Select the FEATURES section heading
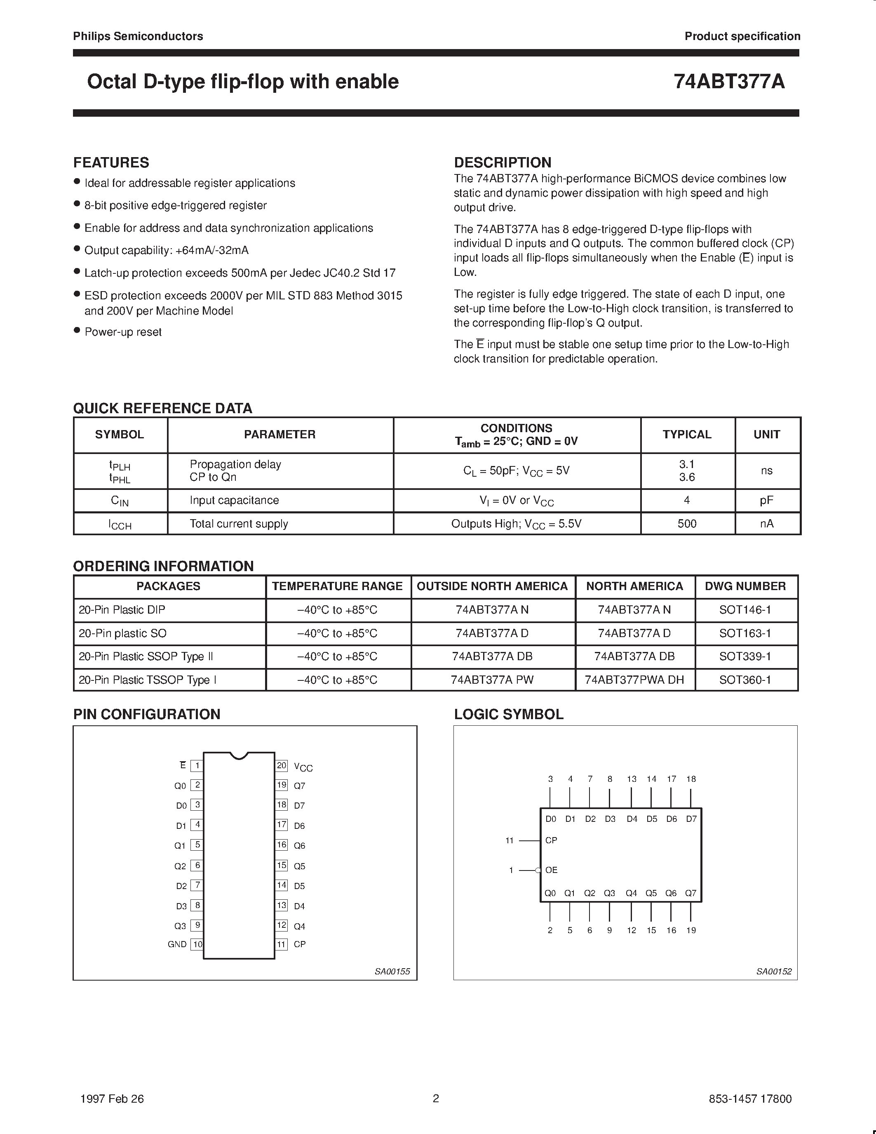(x=111, y=162)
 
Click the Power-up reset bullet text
(x=123, y=332)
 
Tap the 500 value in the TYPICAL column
(x=687, y=523)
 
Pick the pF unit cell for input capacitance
(x=766, y=501)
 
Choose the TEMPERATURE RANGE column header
(x=337, y=586)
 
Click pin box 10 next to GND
(x=197, y=944)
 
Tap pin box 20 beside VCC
(x=281, y=765)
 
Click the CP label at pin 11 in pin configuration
(x=299, y=944)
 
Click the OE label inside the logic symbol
(x=551, y=870)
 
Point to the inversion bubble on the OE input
(x=538, y=870)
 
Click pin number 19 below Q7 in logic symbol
(x=691, y=930)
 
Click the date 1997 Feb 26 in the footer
(x=112, y=1099)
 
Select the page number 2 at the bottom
(x=436, y=1098)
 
